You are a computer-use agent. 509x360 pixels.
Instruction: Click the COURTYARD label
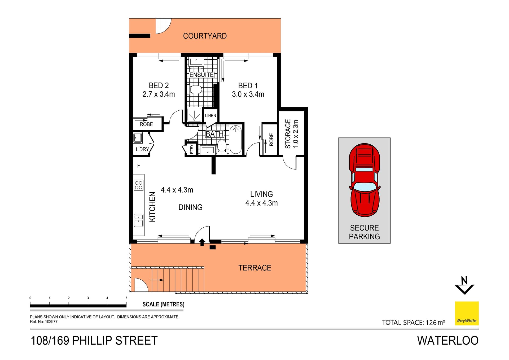tap(205, 36)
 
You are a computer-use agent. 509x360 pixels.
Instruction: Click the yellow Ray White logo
tap(467, 313)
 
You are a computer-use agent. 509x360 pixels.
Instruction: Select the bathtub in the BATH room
tap(235, 140)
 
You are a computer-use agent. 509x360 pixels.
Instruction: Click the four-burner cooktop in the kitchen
tap(139, 185)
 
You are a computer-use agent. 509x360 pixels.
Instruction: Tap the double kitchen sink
tap(138, 220)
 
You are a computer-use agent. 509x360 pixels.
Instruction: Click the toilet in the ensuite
tap(196, 90)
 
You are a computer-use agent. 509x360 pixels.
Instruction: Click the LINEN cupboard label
tap(210, 116)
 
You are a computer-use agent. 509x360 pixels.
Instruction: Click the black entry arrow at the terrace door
tap(202, 242)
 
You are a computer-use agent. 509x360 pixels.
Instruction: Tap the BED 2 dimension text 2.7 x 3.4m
tap(159, 94)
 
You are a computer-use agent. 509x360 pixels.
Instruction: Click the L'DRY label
tap(142, 149)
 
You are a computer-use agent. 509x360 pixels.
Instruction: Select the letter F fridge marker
tap(138, 166)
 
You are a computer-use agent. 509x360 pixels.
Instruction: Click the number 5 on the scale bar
tap(126, 298)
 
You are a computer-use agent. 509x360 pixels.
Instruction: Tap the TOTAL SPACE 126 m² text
tap(413, 323)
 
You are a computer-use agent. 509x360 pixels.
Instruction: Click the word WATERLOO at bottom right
tap(448, 341)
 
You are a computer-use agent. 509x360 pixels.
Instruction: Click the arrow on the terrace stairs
tap(157, 280)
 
